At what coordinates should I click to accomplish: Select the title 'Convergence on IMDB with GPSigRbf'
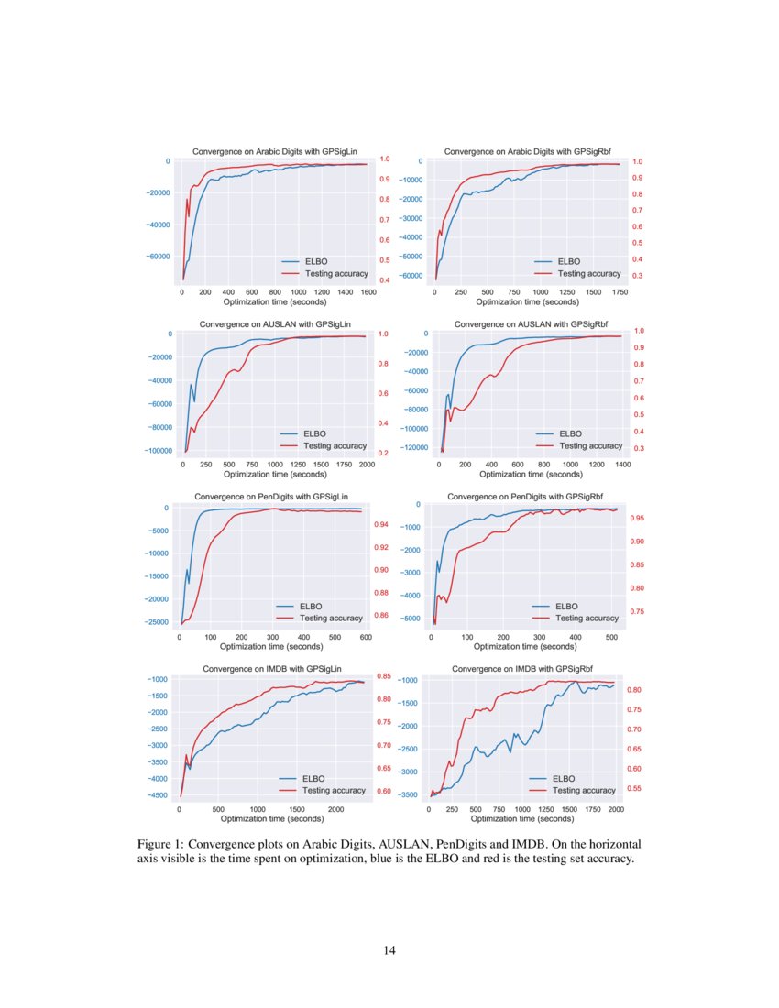[522, 669]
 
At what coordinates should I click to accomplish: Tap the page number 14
[389, 950]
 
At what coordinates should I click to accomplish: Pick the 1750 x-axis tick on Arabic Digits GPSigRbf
[619, 292]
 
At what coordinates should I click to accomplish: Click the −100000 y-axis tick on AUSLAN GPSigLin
[156, 451]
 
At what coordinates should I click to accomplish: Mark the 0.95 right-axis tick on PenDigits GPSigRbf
[639, 519]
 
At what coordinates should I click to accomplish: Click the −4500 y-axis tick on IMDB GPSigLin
[159, 795]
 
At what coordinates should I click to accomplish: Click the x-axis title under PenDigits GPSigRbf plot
[522, 647]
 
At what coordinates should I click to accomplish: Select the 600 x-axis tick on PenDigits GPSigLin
[366, 638]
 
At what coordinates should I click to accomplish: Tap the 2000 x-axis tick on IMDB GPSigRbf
[616, 810]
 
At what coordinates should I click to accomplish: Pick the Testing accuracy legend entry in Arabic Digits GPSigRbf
[589, 273]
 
